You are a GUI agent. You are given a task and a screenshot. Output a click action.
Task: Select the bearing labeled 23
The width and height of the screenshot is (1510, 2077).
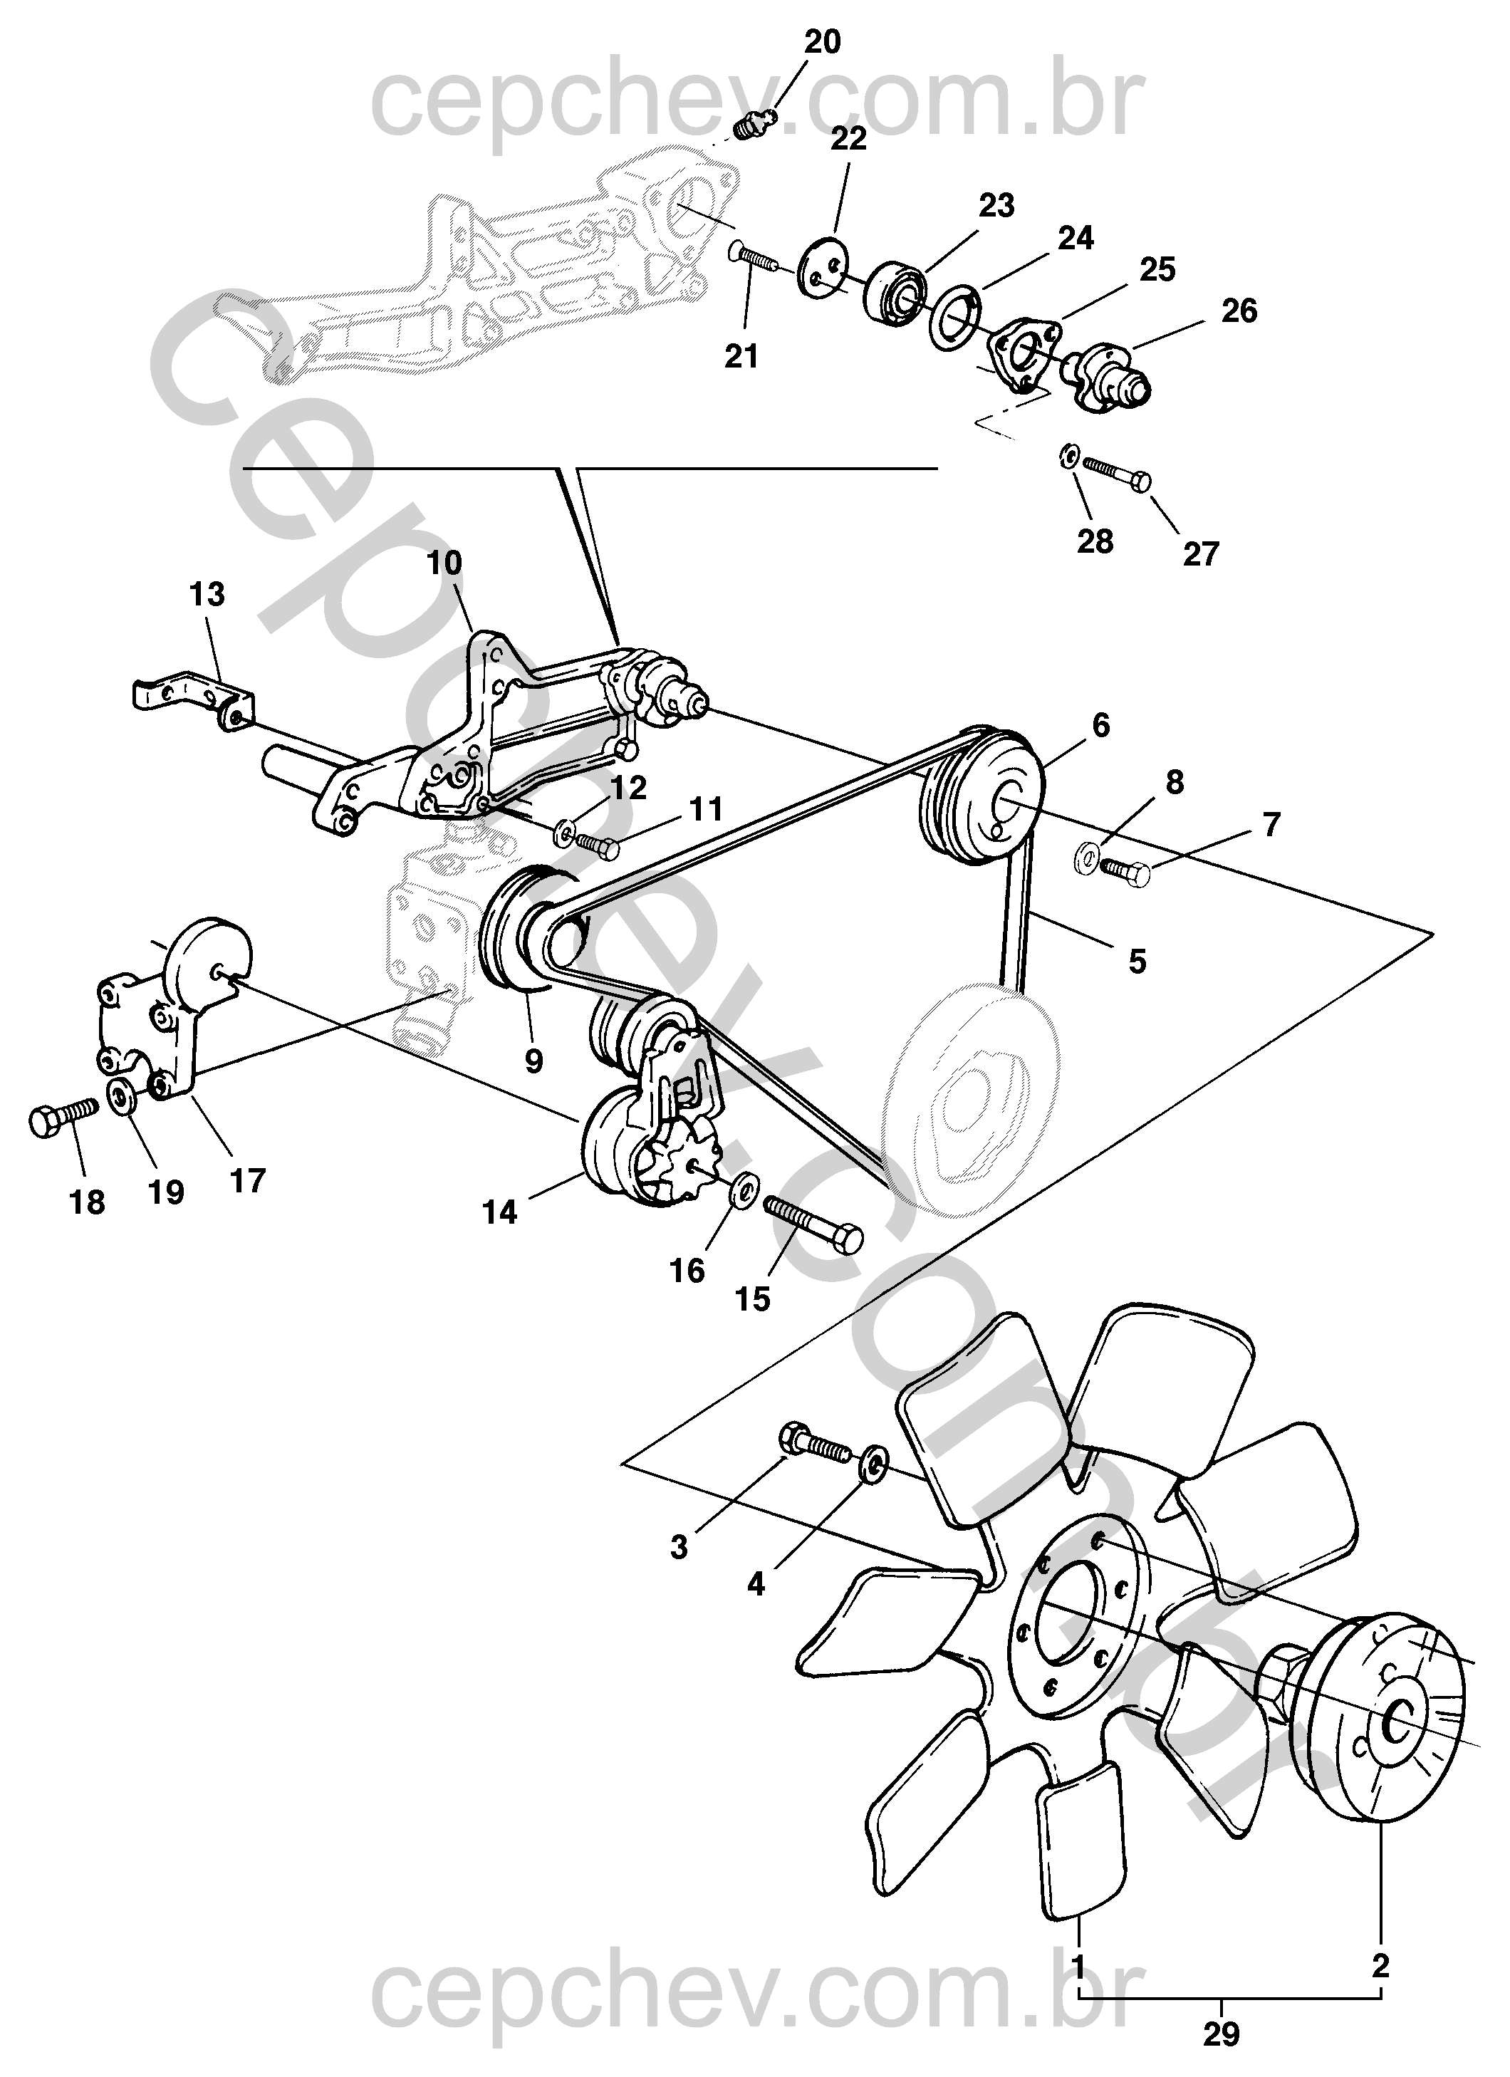[x=894, y=292]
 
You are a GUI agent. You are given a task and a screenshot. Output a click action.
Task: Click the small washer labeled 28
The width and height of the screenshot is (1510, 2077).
[x=1068, y=455]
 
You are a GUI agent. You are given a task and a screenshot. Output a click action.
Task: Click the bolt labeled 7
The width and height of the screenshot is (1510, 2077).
[x=1125, y=870]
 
